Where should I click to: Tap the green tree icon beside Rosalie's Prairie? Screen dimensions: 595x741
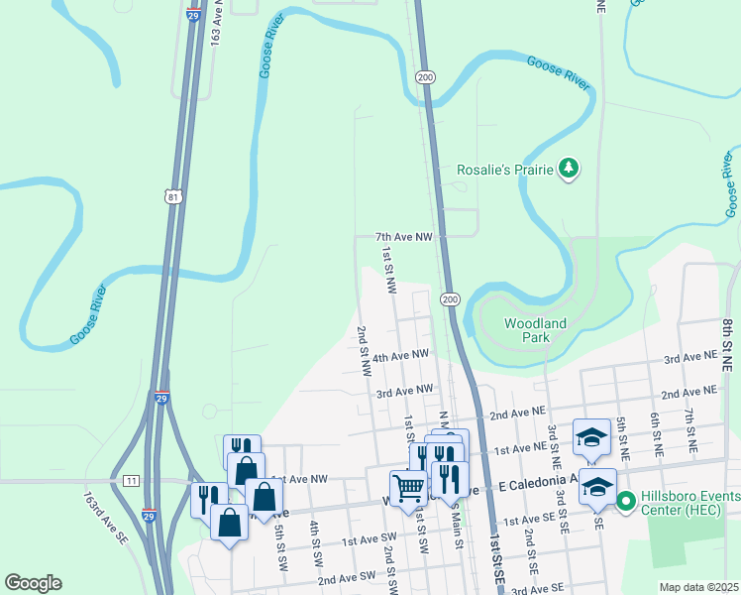click(x=568, y=170)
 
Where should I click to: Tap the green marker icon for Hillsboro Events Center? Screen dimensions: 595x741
click(x=626, y=502)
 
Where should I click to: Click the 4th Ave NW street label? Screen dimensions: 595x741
click(x=402, y=354)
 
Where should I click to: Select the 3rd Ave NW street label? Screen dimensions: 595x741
click(x=404, y=391)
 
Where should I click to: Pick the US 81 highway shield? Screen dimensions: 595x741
click(x=174, y=198)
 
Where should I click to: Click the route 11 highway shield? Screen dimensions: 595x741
click(x=132, y=480)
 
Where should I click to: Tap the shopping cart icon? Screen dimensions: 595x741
click(x=407, y=488)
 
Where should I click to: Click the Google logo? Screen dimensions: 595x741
click(x=33, y=583)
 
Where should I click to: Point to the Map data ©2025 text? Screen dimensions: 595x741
click(x=698, y=587)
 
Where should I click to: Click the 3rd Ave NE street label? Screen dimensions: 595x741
click(x=689, y=357)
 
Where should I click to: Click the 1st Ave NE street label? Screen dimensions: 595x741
click(x=520, y=449)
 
